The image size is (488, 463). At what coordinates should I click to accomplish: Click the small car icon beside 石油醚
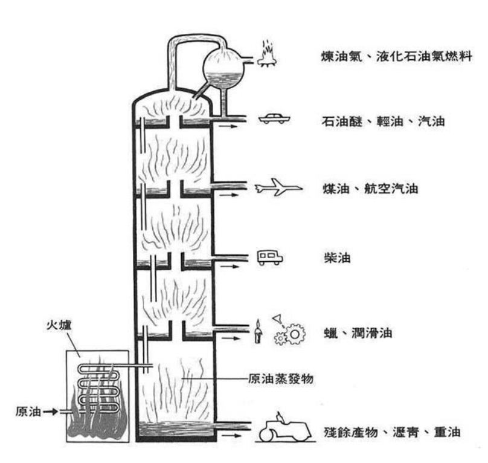pyautogui.click(x=274, y=118)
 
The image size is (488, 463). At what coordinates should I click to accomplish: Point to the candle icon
pyautogui.click(x=258, y=333)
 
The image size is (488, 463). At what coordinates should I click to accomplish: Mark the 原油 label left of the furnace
pyautogui.click(x=27, y=412)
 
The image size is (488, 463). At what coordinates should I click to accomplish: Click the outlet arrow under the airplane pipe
pyautogui.click(x=228, y=196)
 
